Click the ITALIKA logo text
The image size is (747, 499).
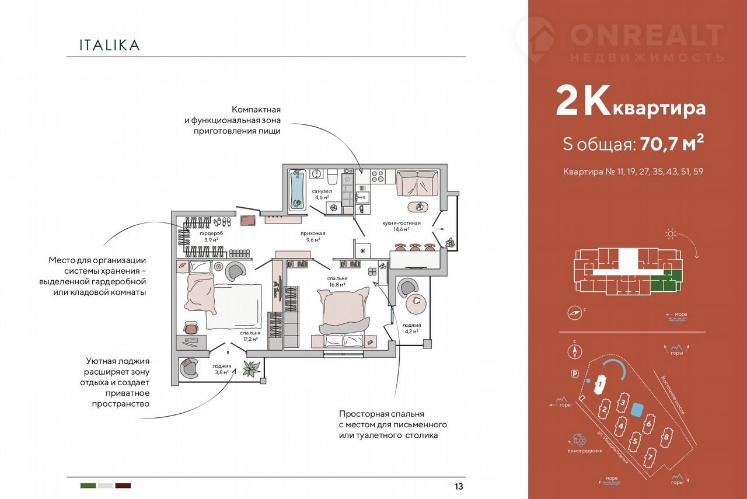pos(109,45)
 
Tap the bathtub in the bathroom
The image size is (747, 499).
pos(298,190)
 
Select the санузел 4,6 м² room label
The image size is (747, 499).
pos(322,194)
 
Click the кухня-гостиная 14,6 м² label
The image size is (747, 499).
pos(401,226)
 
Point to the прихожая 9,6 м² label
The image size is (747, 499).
pos(313,236)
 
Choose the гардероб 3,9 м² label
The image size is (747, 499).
pos(211,236)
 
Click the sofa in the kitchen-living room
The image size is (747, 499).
pos(417,183)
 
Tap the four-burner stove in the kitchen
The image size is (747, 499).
pos(378,177)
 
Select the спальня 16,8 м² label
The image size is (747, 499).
pos(337,281)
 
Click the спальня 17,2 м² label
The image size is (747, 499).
pos(250,336)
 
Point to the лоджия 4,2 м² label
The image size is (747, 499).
pos(411,328)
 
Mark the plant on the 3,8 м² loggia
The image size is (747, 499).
pos(252,368)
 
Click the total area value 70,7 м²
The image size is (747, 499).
pos(672,144)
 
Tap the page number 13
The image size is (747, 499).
pos(459,486)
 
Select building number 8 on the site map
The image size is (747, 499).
pos(666,437)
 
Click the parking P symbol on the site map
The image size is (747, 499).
pos(575,374)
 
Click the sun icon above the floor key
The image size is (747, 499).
pos(671,234)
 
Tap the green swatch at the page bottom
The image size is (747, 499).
pos(88,486)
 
